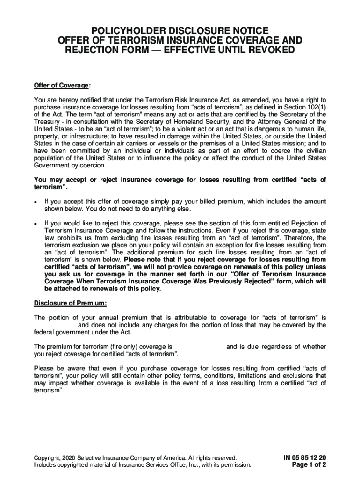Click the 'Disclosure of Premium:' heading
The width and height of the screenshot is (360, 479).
(71, 303)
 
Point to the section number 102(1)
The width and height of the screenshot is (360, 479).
(315, 107)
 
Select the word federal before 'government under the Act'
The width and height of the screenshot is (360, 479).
(45, 332)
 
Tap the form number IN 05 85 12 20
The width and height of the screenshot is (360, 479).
(304, 457)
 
